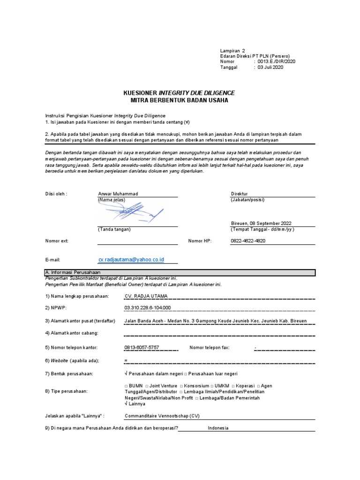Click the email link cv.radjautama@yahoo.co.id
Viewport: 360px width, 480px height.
point(131,259)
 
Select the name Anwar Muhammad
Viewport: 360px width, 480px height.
point(118,194)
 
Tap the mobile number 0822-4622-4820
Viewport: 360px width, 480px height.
point(248,240)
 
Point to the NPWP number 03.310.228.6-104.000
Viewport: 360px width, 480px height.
point(148,307)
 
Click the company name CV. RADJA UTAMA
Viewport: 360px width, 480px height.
point(146,296)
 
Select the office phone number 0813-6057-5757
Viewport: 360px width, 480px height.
point(142,347)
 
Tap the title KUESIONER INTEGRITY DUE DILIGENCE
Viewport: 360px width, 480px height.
point(179,93)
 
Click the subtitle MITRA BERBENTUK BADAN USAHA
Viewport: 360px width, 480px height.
point(179,100)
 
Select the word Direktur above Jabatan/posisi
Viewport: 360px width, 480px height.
point(239,194)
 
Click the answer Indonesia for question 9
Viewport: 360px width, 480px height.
point(218,428)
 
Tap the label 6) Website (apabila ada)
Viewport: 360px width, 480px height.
point(72,360)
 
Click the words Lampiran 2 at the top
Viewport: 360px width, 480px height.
point(232,50)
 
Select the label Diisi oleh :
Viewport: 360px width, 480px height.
point(56,194)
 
